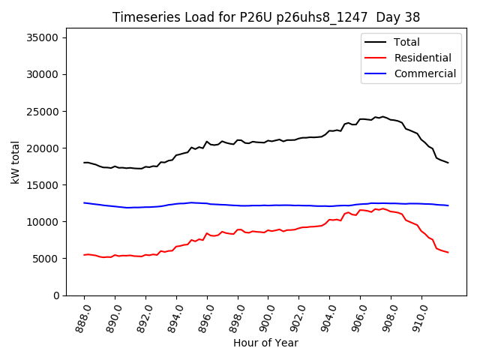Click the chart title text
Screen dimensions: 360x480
coord(266,17)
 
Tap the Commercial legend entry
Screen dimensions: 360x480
coord(424,73)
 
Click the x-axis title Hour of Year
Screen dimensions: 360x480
coord(265,343)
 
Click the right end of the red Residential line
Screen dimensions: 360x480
coord(448,252)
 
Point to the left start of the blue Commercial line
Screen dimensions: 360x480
coord(84,202)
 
